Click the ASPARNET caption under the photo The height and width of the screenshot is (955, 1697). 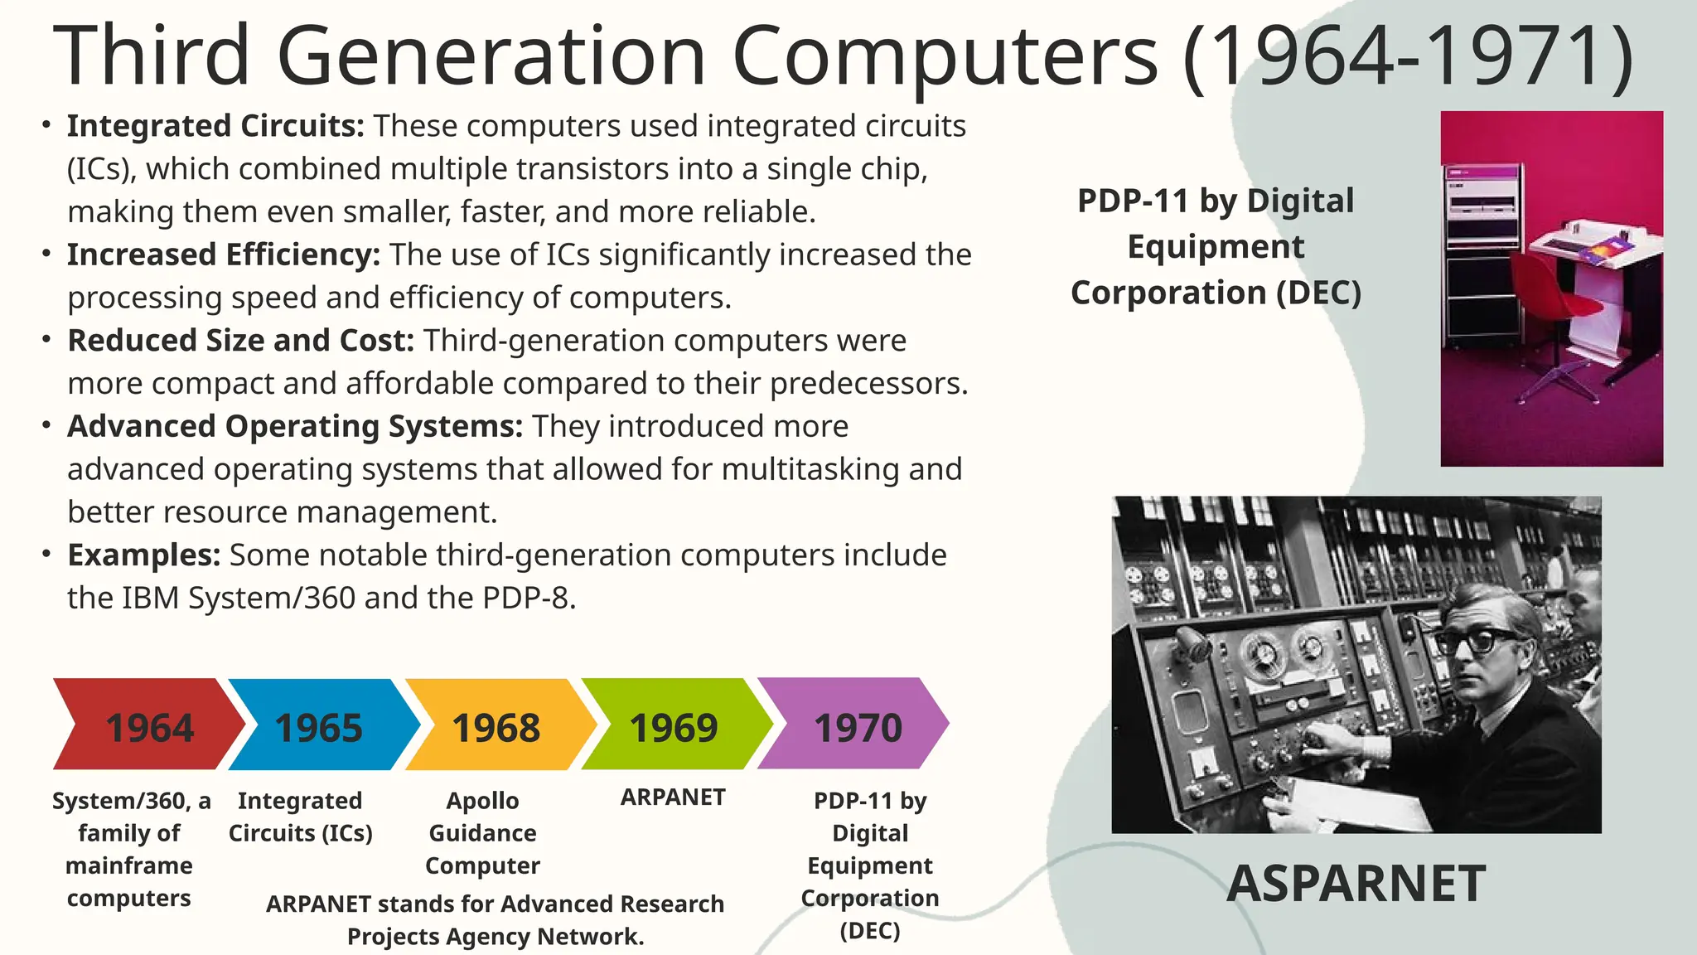[1356, 883]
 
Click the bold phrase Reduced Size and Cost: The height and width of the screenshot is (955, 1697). [240, 341]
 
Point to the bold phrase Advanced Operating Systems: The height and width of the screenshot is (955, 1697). [295, 426]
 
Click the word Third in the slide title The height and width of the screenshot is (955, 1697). [152, 56]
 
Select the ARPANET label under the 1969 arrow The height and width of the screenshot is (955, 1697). [673, 797]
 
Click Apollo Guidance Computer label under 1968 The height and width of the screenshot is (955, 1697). [482, 832]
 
